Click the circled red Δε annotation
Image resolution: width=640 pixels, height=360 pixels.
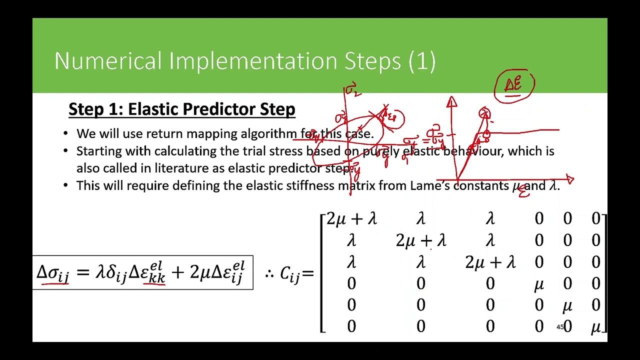tap(513, 85)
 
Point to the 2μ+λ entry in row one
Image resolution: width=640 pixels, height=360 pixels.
tap(351, 218)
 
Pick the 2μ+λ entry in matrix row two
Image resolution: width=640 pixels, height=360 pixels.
tap(420, 240)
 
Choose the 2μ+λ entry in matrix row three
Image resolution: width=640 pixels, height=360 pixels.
tap(490, 262)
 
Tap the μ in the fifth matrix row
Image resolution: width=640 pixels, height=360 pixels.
tap(567, 305)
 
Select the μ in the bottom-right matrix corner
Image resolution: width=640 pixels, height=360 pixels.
tap(595, 327)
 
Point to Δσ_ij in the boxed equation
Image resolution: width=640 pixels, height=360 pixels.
tap(53, 273)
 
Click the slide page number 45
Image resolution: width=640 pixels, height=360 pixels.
tap(560, 327)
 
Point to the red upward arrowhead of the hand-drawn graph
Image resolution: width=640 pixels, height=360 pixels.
tap(452, 102)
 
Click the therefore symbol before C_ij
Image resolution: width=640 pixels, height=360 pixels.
tap(270, 274)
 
